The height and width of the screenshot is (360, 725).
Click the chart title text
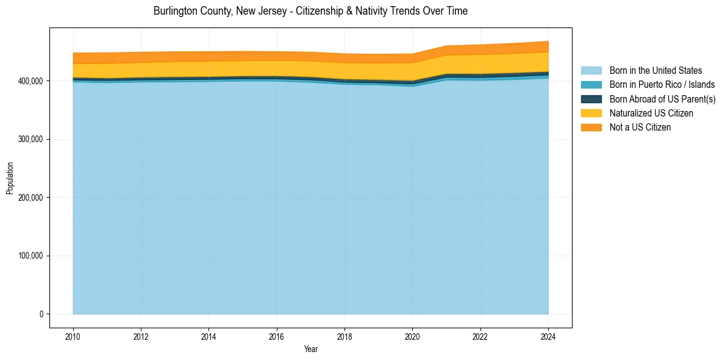[310, 11]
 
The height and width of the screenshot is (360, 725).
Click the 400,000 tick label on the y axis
[30, 81]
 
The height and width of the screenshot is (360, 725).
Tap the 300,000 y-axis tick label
[30, 140]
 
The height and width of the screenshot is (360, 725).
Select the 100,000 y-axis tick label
[30, 256]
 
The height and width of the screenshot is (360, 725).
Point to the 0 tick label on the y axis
[41, 314]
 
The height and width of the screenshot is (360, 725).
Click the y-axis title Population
[10, 178]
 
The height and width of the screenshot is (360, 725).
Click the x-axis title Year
[310, 350]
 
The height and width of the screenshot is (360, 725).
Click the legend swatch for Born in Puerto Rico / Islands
[591, 85]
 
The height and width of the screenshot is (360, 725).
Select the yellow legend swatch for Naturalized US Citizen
[591, 113]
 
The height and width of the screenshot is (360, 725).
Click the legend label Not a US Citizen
[640, 128]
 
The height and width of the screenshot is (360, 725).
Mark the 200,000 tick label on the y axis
[30, 198]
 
